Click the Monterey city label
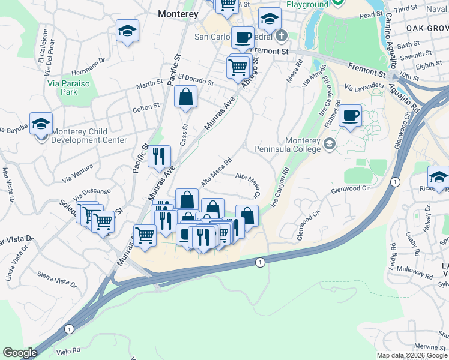(x=178, y=13)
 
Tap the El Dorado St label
(x=196, y=80)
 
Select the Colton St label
(x=146, y=106)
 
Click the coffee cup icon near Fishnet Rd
(x=350, y=115)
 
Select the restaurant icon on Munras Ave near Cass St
(x=159, y=157)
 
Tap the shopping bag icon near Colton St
(x=186, y=97)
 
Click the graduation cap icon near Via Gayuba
(x=41, y=124)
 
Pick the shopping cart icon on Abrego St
(x=238, y=67)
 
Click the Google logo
(x=20, y=353)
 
